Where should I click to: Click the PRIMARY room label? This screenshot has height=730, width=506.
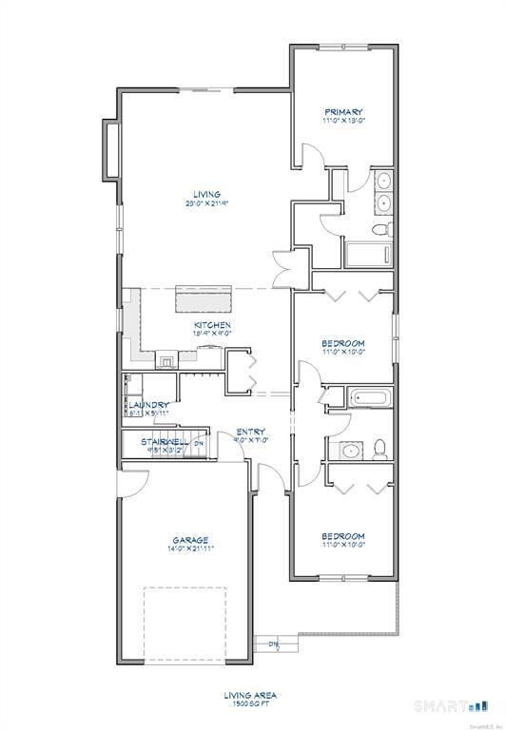tap(342, 111)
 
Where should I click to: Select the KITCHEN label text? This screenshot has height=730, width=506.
tap(211, 324)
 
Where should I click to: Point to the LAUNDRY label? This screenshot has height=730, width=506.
tap(148, 405)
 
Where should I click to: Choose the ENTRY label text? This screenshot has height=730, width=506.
tap(250, 432)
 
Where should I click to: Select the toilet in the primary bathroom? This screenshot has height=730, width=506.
tap(380, 229)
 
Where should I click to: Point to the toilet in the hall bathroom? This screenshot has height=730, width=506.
tap(379, 447)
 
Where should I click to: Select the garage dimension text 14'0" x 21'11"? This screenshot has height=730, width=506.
tap(190, 549)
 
